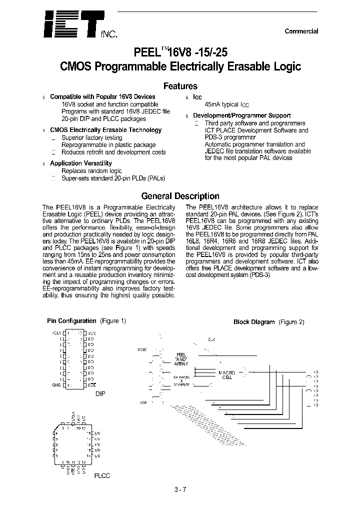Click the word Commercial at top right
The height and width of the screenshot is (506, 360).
[301, 31]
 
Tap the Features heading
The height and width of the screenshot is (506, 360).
[180, 86]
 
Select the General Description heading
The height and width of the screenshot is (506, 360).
[180, 196]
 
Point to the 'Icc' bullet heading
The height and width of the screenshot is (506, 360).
[197, 97]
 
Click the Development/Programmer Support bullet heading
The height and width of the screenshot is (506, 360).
[242, 115]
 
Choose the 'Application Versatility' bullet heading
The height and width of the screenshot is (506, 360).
[81, 163]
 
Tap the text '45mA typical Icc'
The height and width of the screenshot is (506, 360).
[226, 105]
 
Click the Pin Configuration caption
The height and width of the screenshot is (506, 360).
[71, 321]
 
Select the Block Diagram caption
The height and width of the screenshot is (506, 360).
[254, 322]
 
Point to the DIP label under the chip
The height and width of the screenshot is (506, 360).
[101, 393]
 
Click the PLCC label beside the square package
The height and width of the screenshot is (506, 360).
[102, 475]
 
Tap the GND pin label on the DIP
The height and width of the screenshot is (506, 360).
[56, 385]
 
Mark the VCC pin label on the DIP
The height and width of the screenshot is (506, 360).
[92, 332]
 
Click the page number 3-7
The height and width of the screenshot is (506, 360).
[180, 489]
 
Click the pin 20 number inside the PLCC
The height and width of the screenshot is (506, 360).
[78, 429]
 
